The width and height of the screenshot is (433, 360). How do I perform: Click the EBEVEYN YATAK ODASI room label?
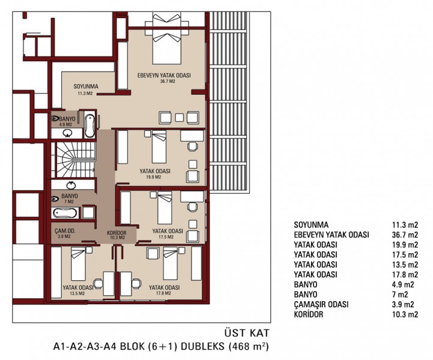pos(164,76)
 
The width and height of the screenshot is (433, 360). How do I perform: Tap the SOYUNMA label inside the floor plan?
pos(86,86)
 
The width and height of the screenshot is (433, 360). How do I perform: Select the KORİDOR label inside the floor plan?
pos(117,233)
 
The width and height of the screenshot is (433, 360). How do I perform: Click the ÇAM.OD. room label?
pos(65,231)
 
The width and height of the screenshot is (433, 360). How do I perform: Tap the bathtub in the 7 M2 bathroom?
pos(65,213)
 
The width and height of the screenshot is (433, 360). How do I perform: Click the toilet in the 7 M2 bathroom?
pos(55,199)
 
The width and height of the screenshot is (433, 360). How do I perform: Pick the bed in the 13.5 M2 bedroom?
pos(79,264)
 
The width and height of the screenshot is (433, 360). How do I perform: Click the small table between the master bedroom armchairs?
pos(180,118)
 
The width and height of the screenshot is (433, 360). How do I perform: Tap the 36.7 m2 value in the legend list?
pos(405,235)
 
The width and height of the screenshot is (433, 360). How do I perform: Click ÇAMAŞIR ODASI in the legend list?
pos(321,304)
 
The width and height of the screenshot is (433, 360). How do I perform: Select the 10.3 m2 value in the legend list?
pos(405,314)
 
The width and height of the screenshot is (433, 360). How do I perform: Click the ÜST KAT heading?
pos(247,332)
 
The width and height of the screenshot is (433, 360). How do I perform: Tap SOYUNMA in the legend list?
pos(311,225)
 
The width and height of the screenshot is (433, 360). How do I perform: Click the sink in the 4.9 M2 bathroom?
pos(67,133)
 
